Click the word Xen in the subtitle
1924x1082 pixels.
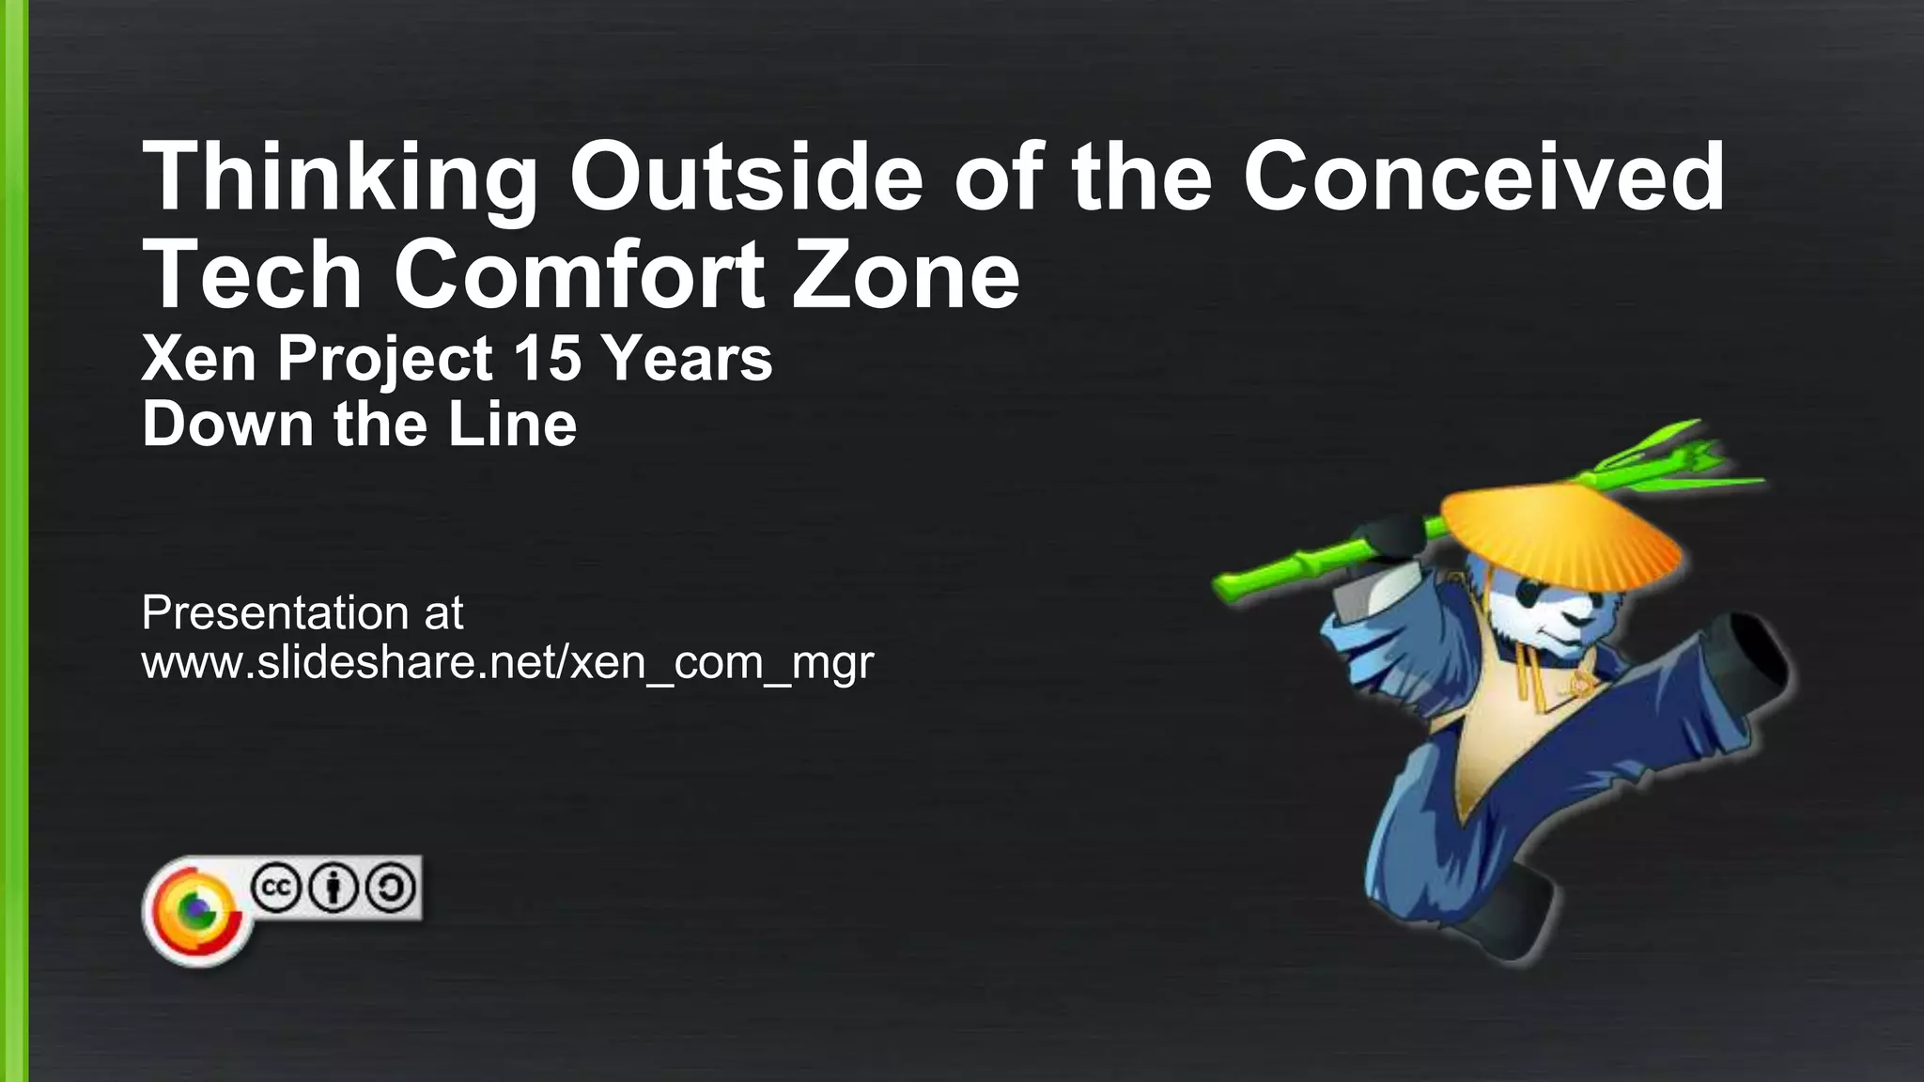[198, 359]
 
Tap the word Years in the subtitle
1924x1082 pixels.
[687, 359]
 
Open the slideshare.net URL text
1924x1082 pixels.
[507, 663]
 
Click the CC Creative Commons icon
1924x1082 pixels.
[276, 888]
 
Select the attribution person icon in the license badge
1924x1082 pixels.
[334, 888]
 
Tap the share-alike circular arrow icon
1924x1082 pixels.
[391, 888]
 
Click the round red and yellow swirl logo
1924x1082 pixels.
[196, 911]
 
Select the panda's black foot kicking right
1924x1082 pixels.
[1752, 653]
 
